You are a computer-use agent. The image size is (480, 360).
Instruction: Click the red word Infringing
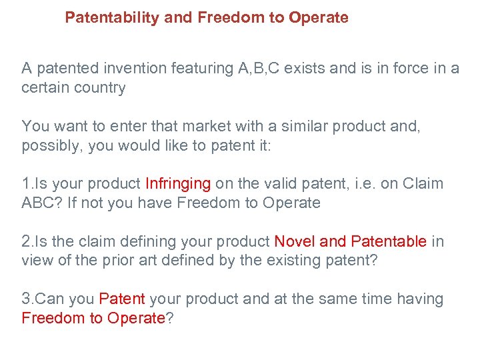178,183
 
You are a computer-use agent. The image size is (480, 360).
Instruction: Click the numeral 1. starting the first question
27,183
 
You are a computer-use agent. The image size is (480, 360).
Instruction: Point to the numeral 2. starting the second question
27,241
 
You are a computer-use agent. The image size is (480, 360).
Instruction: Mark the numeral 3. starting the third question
27,299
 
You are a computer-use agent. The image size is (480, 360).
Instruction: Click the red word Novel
295,241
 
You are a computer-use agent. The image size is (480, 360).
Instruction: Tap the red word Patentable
389,241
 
